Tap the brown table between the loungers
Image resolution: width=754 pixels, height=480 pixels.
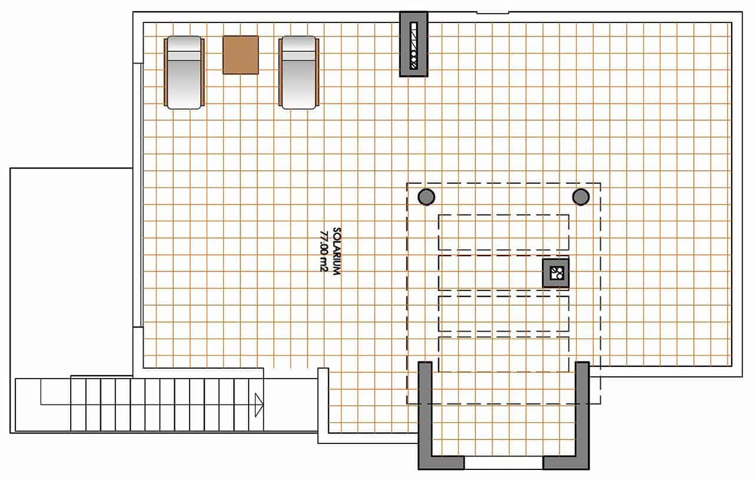(241, 55)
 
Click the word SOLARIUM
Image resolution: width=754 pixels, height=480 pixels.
(337, 251)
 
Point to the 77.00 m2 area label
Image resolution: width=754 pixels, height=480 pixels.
(323, 251)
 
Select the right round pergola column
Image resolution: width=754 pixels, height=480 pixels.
(581, 197)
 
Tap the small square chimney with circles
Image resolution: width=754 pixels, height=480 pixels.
(556, 273)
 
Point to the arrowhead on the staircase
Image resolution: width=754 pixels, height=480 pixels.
(258, 405)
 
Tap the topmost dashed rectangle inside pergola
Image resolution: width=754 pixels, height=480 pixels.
(504, 232)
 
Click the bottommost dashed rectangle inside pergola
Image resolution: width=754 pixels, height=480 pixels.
(504, 355)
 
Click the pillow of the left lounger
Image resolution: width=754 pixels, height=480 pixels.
(184, 47)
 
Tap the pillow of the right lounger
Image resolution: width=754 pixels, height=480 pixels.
(298, 47)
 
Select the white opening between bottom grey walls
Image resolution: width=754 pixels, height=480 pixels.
(504, 463)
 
